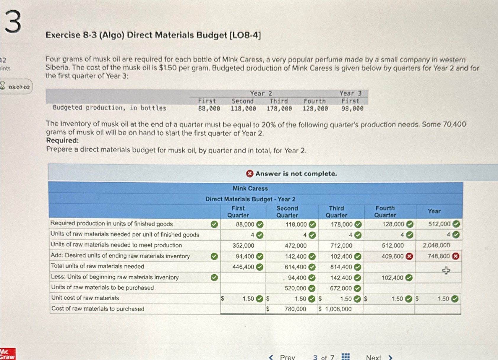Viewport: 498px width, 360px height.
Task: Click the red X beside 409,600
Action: pos(409,257)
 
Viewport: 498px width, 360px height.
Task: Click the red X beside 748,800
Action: pos(456,256)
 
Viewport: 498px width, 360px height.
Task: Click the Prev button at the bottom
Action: pos(282,357)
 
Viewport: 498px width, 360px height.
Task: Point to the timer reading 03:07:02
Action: pos(19,87)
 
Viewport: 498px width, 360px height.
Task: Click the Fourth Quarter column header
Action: pos(385,212)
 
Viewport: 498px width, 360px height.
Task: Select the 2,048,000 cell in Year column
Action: pos(436,245)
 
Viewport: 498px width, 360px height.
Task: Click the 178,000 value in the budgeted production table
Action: pos(279,109)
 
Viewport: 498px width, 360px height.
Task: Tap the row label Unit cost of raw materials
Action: pos(85,298)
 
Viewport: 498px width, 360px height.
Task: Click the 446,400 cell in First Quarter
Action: pos(243,267)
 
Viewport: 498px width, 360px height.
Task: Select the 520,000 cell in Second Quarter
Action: pos(295,288)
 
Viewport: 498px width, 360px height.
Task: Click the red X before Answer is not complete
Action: pos(250,173)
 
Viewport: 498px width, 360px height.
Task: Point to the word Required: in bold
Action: pos(62,140)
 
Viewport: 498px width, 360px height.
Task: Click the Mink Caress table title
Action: pos(250,188)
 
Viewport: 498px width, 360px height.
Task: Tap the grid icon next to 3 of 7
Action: pos(345,356)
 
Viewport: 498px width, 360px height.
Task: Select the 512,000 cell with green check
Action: pos(439,224)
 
